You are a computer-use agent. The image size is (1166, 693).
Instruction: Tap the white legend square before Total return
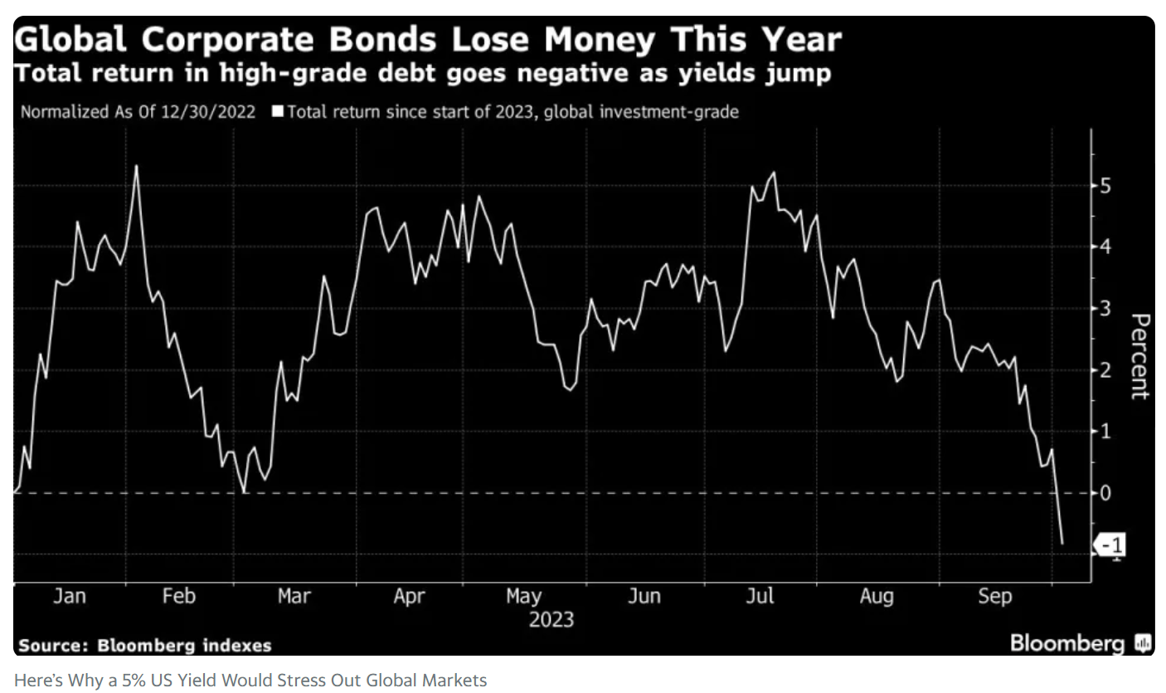279,111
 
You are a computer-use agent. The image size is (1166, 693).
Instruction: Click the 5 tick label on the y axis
1105,185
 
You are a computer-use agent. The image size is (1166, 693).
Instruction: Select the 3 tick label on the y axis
1105,308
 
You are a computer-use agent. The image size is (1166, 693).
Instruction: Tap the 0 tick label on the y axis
1105,492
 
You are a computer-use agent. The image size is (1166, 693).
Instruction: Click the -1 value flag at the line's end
1111,546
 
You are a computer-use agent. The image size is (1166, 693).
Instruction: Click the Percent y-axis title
1141,356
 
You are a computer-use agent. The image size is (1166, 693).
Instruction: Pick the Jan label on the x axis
69,596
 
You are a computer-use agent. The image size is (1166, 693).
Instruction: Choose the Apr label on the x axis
409,596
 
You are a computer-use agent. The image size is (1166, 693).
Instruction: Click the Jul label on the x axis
760,596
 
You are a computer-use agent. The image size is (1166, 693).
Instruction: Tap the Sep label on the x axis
994,596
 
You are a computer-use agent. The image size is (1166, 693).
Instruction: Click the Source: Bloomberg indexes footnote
145,646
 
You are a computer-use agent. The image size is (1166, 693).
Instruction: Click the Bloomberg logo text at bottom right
1068,643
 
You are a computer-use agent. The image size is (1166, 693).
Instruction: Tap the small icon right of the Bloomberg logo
1143,643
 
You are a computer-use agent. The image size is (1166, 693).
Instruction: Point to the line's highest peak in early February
136,166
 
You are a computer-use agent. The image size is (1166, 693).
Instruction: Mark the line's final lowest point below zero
1062,544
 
